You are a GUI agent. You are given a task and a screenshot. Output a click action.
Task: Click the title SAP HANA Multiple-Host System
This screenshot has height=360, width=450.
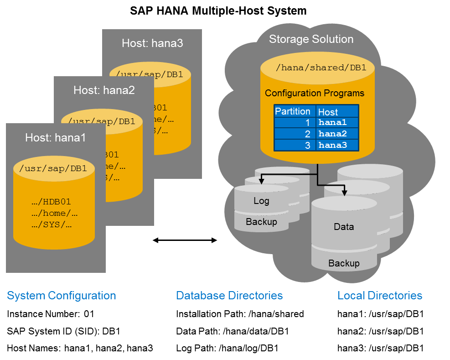[218, 10]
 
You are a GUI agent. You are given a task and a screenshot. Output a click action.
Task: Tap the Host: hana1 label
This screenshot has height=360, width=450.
[55, 137]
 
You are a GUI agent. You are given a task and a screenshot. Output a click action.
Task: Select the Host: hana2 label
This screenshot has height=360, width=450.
[104, 90]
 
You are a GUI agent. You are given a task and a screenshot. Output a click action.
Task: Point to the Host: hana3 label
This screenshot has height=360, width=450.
[152, 43]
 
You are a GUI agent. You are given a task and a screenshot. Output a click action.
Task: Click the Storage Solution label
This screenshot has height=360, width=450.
[311, 39]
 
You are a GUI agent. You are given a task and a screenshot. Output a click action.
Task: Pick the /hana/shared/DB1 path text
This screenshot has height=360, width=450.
[321, 68]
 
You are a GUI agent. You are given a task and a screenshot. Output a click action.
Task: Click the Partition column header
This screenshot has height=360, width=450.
[293, 112]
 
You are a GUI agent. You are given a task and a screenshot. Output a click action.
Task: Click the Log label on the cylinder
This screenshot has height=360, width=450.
[261, 201]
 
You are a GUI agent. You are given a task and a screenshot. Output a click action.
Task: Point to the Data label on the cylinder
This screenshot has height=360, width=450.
[344, 227]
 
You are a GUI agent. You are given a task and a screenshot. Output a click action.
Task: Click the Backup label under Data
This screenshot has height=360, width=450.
[344, 263]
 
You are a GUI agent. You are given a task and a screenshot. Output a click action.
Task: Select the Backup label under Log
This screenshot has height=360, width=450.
[261, 222]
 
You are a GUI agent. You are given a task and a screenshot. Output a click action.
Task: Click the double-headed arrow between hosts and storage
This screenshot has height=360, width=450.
[185, 240]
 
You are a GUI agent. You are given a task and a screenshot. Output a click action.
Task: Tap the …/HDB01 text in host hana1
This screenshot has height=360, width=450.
[52, 202]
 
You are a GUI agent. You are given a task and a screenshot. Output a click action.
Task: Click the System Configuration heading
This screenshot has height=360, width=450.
[62, 296]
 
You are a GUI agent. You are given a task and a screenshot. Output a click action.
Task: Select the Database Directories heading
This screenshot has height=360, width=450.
[229, 296]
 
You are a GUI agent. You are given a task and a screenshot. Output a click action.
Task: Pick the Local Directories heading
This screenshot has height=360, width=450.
[380, 296]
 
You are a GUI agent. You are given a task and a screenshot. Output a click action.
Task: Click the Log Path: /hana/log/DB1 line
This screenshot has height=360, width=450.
[227, 348]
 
